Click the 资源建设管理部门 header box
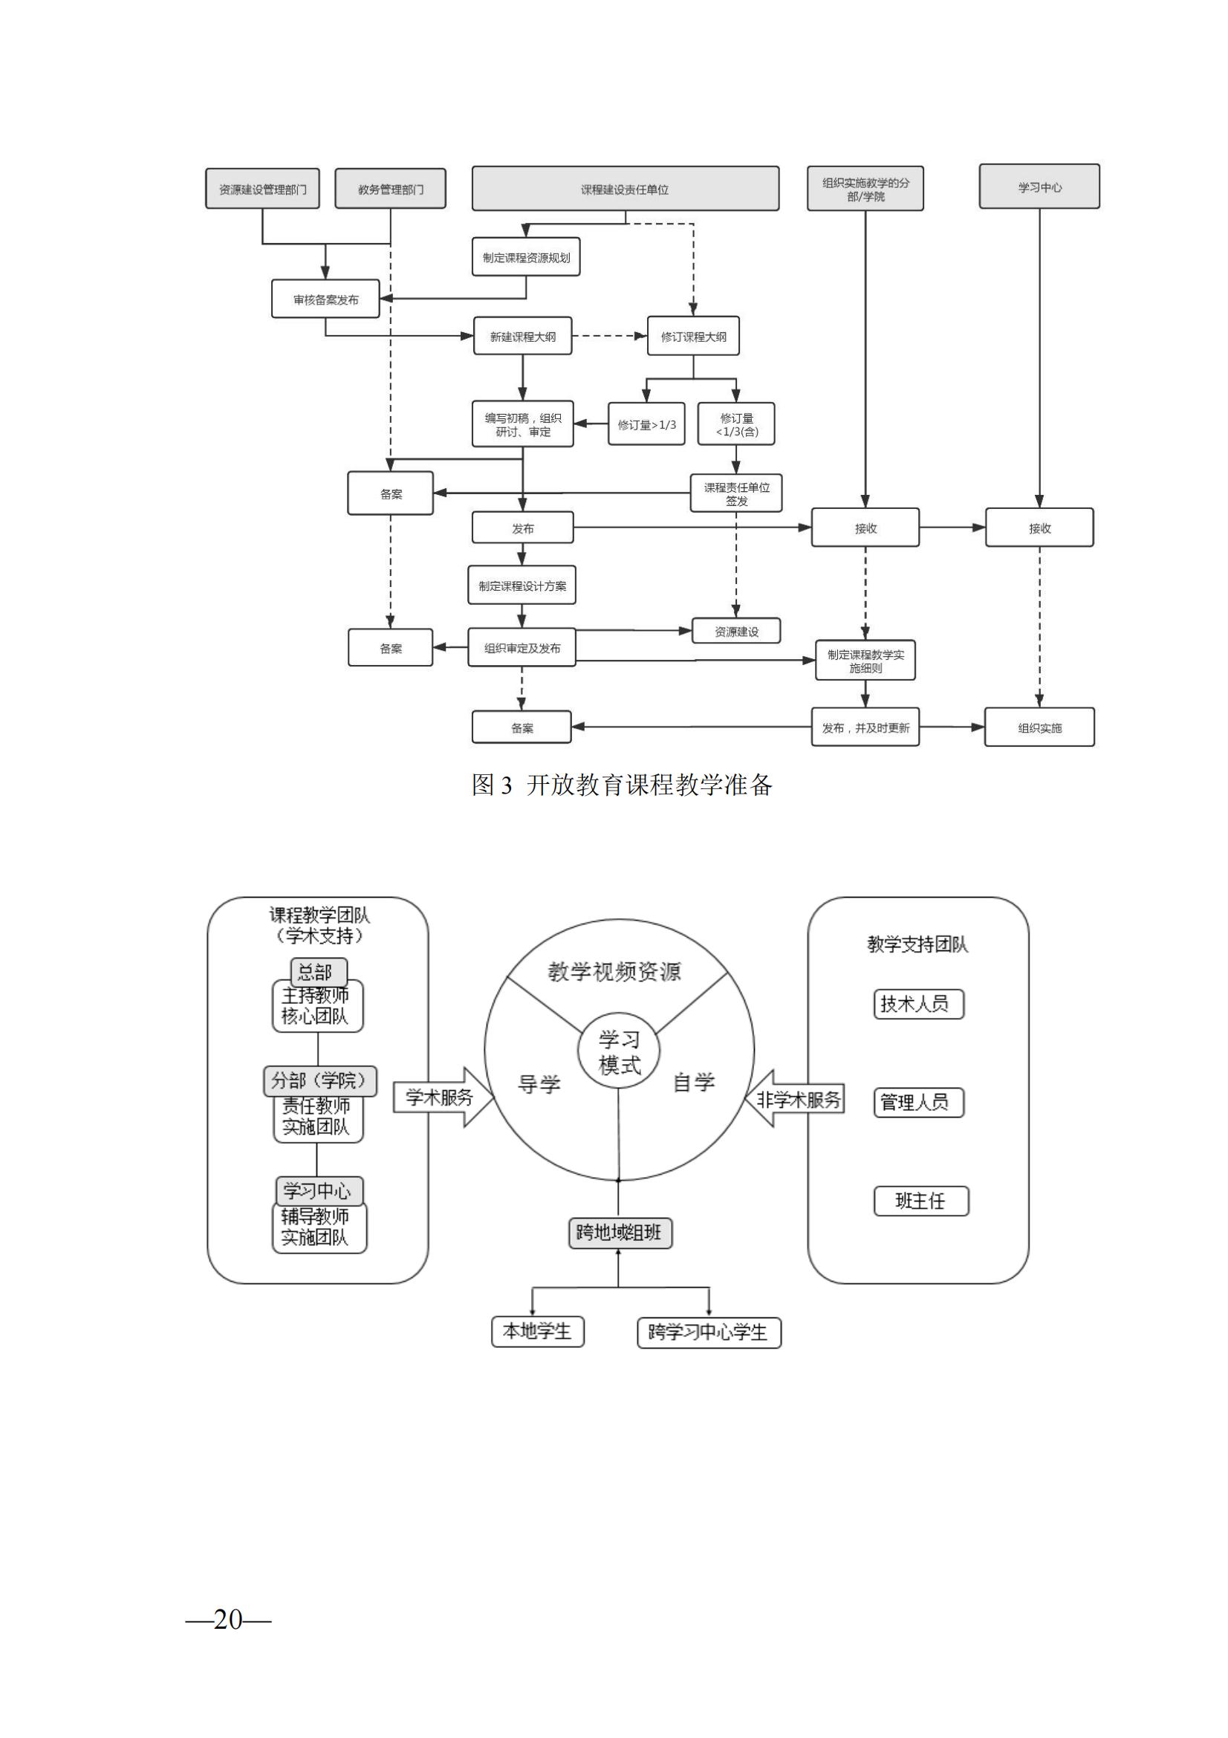click(261, 189)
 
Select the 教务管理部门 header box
click(390, 189)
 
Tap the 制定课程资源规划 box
click(526, 257)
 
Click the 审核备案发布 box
click(325, 299)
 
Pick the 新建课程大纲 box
click(522, 336)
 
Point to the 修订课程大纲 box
click(693, 336)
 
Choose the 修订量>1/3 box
click(646, 424)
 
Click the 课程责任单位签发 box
click(735, 493)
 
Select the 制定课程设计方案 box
click(522, 585)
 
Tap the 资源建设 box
click(735, 631)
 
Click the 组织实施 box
click(1039, 727)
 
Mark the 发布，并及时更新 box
click(865, 727)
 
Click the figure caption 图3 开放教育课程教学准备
click(621, 785)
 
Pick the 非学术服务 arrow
click(796, 1098)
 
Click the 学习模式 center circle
click(619, 1051)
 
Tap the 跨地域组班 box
click(620, 1232)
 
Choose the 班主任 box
click(920, 1201)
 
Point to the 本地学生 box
click(537, 1331)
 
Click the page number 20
click(228, 1619)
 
